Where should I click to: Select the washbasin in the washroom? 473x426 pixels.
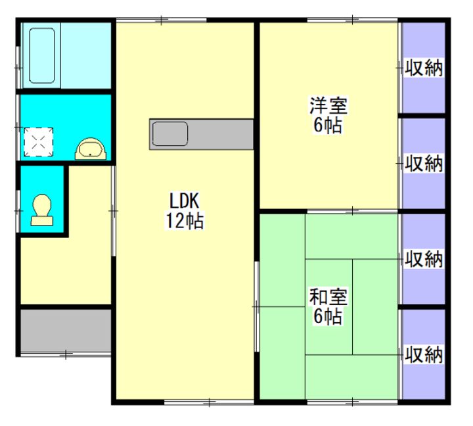point(89,150)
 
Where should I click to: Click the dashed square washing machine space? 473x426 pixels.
point(38,141)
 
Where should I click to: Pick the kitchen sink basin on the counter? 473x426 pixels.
point(171,135)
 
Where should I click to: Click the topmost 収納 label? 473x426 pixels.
point(424,67)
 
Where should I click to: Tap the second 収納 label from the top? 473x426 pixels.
point(424,163)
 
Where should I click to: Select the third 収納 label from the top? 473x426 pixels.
point(424,258)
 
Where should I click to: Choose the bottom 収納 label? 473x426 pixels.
point(424,354)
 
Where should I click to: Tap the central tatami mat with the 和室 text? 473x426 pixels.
point(329,306)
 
